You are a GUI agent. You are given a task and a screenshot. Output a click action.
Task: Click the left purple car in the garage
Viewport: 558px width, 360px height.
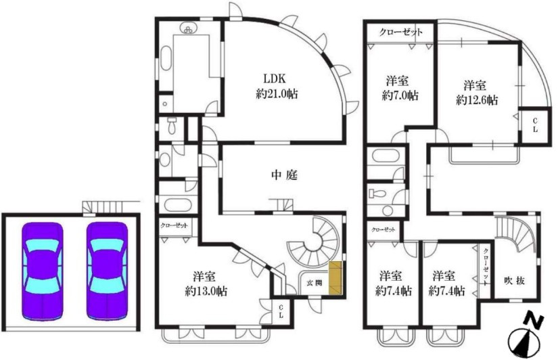[x=43, y=271]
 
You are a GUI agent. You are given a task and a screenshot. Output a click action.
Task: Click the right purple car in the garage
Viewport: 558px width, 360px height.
[x=107, y=271]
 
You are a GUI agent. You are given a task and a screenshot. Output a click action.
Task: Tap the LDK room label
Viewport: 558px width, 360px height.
[x=275, y=78]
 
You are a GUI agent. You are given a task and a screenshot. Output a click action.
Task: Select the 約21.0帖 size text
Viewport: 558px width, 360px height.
[x=277, y=94]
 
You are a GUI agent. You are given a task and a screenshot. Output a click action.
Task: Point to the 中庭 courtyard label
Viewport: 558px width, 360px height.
[x=284, y=175]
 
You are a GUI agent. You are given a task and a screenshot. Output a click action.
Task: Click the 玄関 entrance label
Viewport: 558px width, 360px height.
[x=315, y=283]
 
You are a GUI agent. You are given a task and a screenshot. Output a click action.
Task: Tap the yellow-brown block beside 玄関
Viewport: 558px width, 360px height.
[x=335, y=278]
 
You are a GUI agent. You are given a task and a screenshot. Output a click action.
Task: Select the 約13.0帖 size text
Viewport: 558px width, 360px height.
[x=206, y=291]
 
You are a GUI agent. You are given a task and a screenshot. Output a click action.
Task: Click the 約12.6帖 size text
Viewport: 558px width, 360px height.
[x=477, y=100]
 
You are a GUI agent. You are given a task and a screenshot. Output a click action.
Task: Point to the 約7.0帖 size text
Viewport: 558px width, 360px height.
[x=400, y=95]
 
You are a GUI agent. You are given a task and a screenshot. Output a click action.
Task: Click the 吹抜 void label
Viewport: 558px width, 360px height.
[x=514, y=281]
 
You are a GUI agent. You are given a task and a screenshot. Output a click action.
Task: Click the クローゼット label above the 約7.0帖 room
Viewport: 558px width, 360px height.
[x=400, y=32]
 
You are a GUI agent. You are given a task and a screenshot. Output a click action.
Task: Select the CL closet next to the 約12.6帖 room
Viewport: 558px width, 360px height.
[x=534, y=125]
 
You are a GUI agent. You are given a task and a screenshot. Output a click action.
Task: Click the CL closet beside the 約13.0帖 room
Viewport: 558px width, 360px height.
[x=281, y=311]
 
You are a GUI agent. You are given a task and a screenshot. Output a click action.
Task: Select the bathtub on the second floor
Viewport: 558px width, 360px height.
[x=385, y=156]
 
